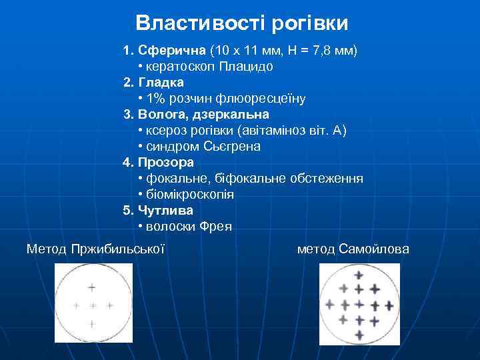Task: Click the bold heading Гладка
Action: [161, 82]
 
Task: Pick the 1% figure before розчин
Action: [155, 99]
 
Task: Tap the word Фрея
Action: [216, 227]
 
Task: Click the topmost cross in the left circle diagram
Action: [91, 288]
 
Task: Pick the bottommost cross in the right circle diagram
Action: [359, 333]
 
